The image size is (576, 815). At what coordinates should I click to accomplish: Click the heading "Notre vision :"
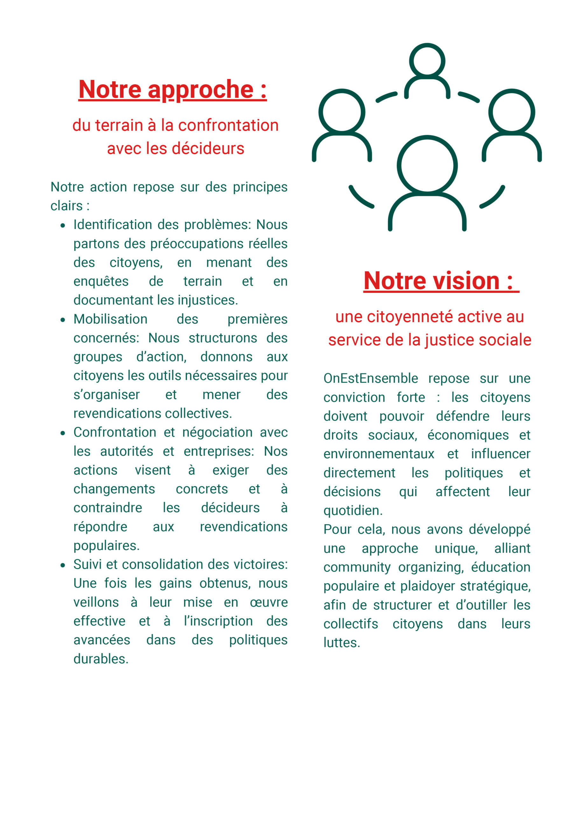(439, 281)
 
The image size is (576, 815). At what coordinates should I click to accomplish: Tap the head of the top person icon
(427, 61)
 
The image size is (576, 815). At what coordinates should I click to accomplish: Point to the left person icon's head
(341, 112)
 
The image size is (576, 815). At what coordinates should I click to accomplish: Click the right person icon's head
(511, 112)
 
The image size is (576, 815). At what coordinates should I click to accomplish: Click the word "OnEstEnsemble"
(370, 379)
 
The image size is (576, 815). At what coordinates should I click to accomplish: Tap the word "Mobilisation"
(110, 319)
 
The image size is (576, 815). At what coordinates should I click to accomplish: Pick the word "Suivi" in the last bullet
(88, 564)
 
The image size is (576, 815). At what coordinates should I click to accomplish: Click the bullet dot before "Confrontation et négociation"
(63, 433)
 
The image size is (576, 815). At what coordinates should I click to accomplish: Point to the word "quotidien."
(353, 510)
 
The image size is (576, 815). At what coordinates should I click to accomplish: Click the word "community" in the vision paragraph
(357, 567)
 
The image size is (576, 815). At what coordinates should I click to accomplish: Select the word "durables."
(101, 659)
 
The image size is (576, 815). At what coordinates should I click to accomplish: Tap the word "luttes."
(341, 642)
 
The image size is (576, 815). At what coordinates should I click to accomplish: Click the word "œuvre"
(269, 602)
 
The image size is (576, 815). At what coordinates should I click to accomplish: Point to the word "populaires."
(107, 546)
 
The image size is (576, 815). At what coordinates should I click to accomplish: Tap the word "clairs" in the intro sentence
(67, 206)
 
